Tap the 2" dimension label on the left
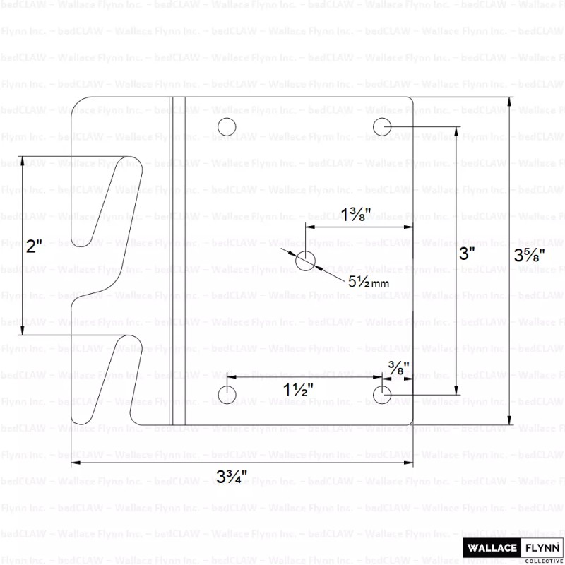point(35,246)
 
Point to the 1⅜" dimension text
point(356,214)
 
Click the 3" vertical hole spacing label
point(467,254)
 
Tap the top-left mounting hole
point(227,127)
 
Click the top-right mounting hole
point(382,127)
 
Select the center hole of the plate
point(306,261)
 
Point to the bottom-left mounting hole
point(227,394)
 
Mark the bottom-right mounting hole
point(382,394)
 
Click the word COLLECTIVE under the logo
point(542,560)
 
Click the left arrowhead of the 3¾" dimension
point(75,463)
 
